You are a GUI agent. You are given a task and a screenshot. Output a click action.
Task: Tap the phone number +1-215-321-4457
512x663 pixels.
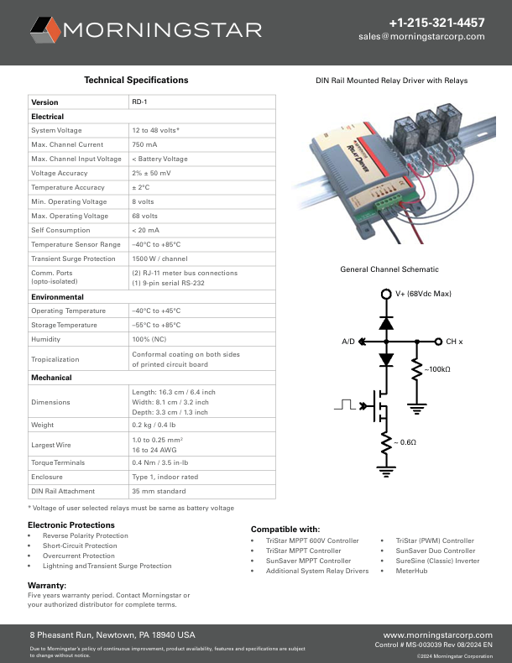436,23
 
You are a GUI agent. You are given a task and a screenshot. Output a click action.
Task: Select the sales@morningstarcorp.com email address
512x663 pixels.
421,37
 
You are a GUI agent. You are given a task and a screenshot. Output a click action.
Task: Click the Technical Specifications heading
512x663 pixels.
136,80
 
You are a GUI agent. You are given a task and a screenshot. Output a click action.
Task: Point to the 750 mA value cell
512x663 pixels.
144,144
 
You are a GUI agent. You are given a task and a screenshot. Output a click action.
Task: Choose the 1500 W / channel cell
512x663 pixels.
159,258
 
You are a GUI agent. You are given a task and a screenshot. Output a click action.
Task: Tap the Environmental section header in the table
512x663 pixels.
57,297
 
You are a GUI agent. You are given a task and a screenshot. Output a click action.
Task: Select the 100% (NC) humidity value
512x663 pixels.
149,339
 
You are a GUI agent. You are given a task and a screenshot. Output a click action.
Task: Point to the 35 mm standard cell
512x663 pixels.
159,490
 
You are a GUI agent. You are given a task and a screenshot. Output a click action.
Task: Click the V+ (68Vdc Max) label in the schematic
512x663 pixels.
423,294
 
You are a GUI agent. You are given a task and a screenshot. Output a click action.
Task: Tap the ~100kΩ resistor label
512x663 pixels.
436,369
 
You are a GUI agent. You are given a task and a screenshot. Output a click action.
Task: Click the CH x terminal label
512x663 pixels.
454,342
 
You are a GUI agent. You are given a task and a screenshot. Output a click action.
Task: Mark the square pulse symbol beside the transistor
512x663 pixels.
344,405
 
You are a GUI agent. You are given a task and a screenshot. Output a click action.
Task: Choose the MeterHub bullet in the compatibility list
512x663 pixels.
411,571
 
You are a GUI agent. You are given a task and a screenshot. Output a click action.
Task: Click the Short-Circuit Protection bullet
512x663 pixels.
80,546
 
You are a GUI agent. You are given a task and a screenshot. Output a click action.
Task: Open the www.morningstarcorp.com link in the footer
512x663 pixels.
437,635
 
